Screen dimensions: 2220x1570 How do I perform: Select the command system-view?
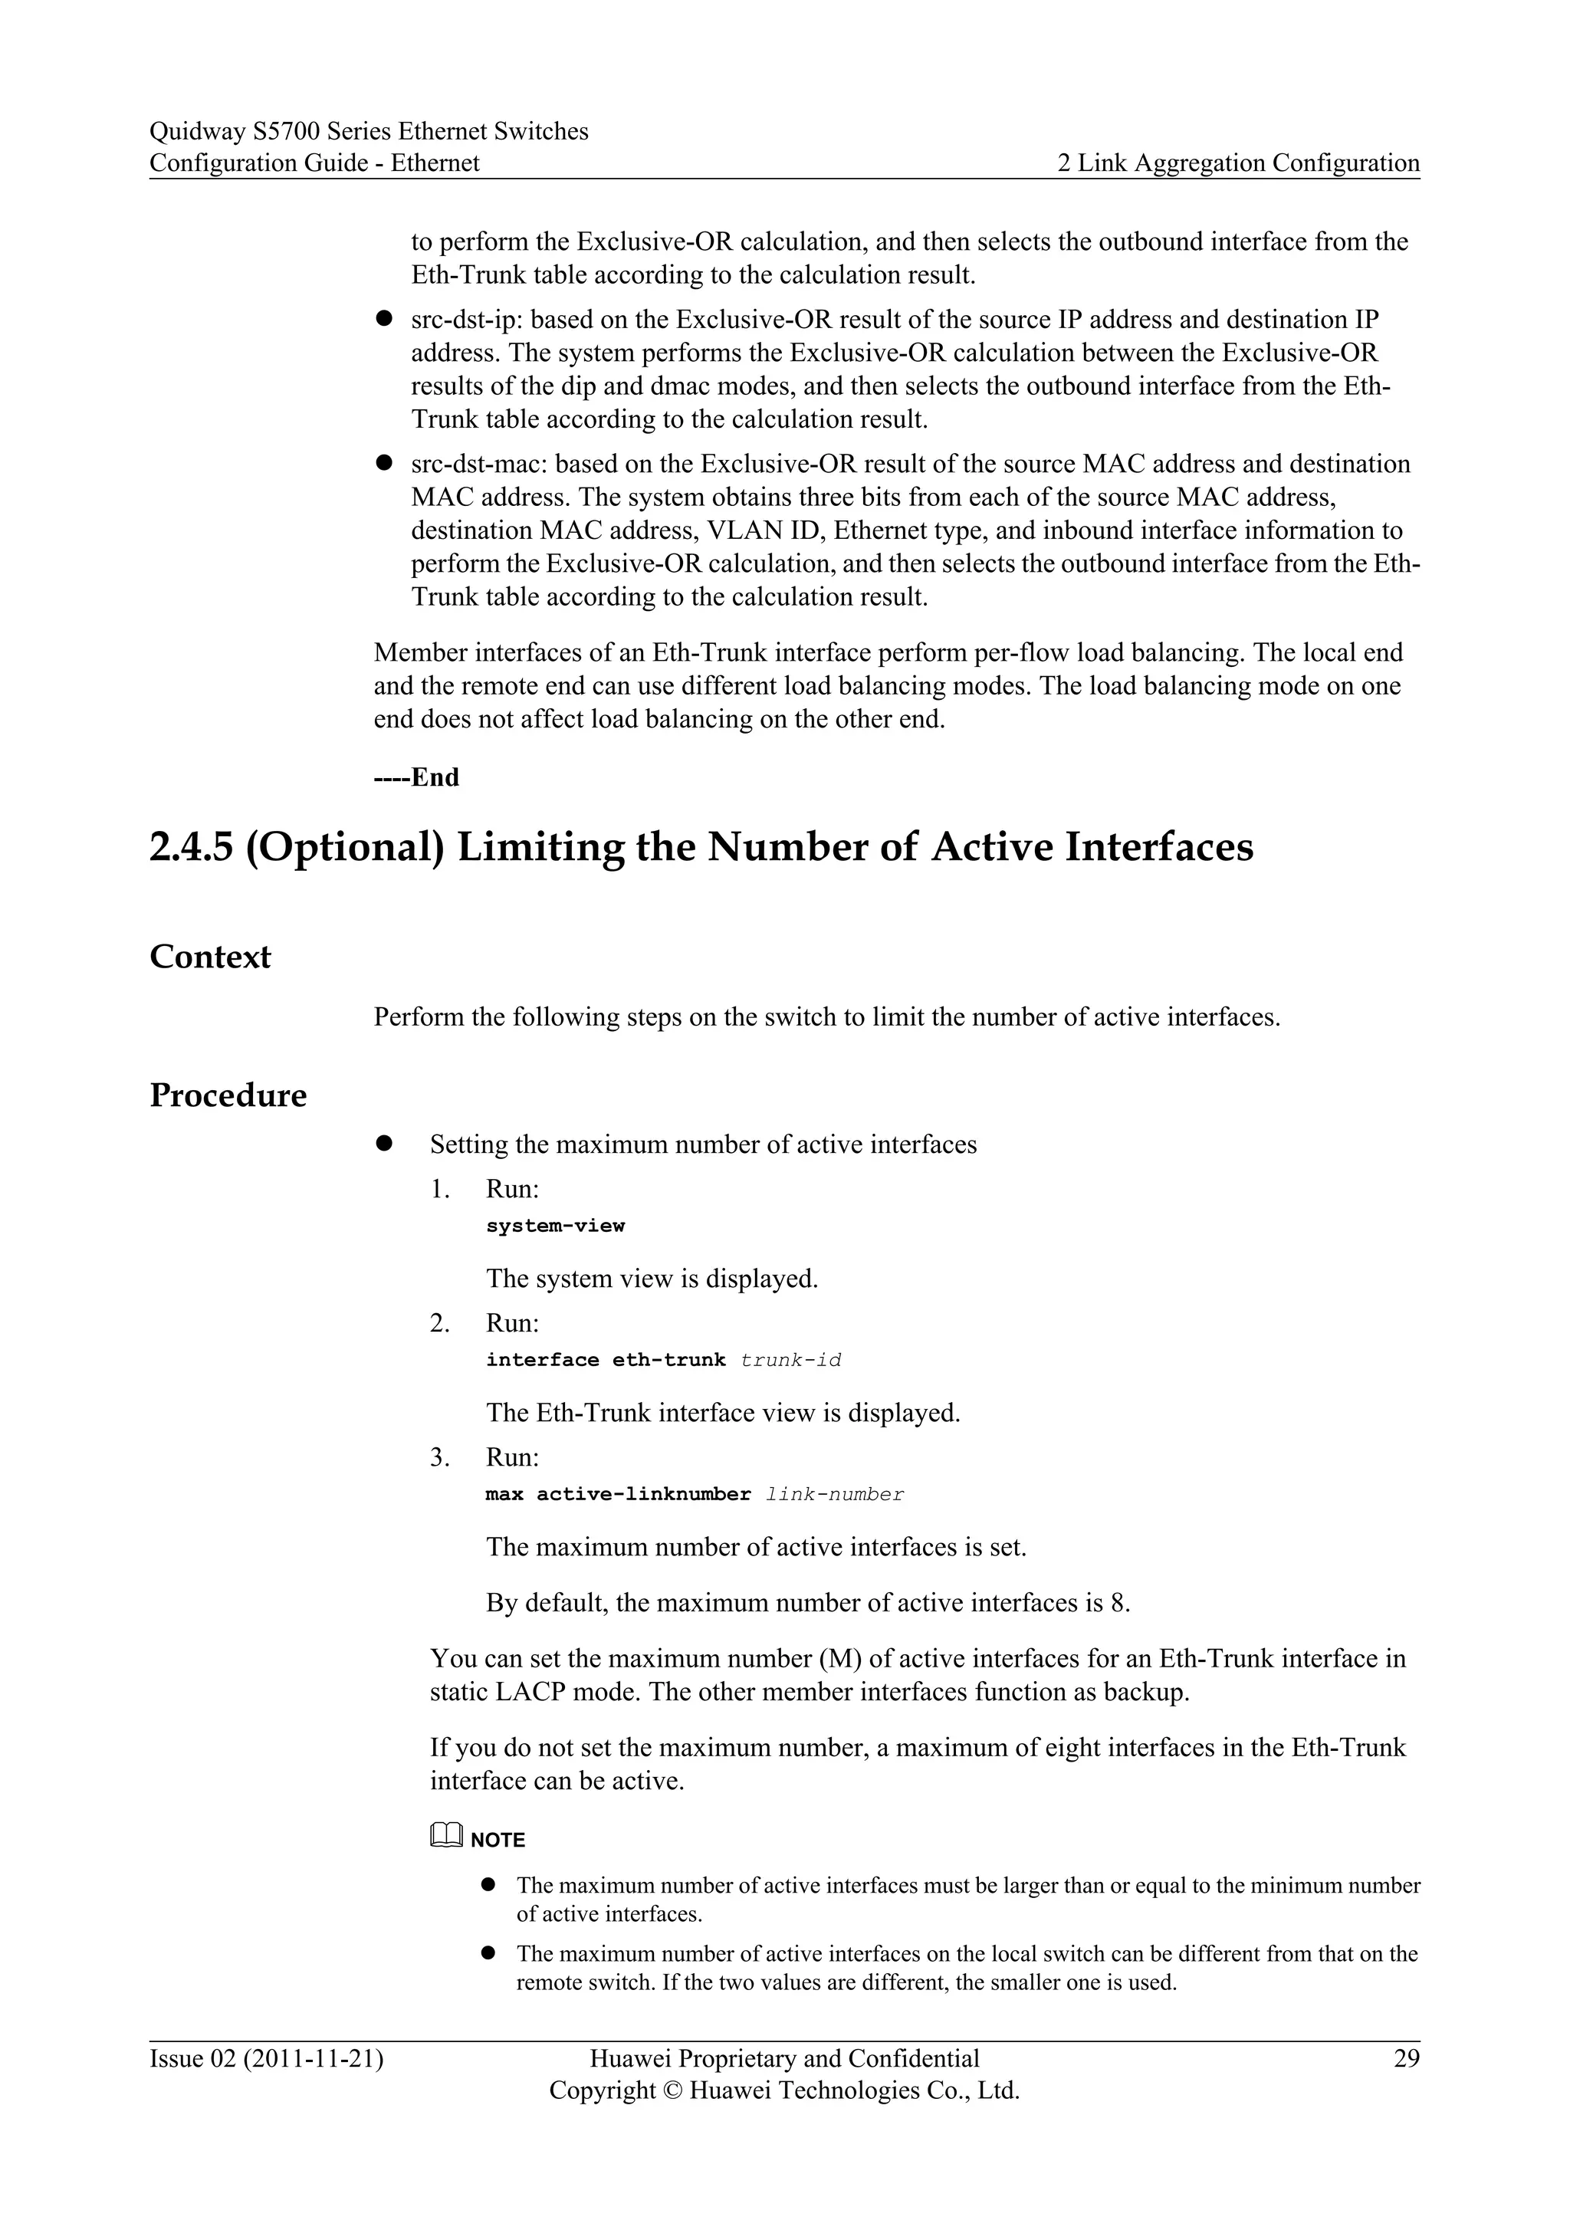(555, 1226)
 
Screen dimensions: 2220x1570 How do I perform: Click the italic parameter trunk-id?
(791, 1361)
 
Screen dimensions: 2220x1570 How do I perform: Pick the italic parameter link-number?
(834, 1495)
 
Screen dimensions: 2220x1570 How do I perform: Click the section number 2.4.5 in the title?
(192, 847)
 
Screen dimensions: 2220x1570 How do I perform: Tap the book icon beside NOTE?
(447, 1834)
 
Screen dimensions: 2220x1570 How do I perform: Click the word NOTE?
(498, 1840)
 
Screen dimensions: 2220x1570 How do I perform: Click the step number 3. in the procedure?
(440, 1457)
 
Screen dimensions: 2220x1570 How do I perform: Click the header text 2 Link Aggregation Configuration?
(1238, 163)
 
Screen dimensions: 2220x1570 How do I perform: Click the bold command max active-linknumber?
(618, 1495)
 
